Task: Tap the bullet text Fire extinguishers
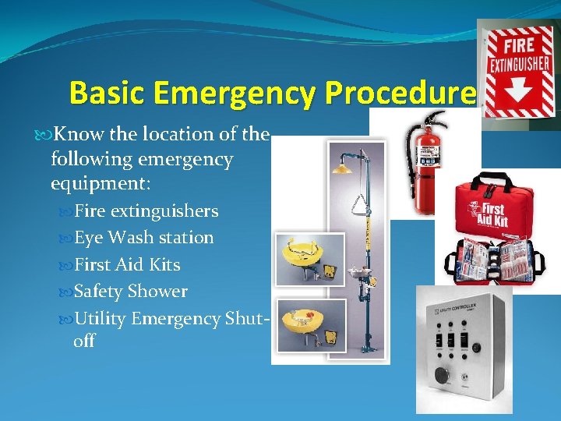tap(146, 211)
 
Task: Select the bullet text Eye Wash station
tap(143, 238)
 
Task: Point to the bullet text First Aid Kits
tap(127, 265)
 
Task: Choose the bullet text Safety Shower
tap(130, 292)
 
